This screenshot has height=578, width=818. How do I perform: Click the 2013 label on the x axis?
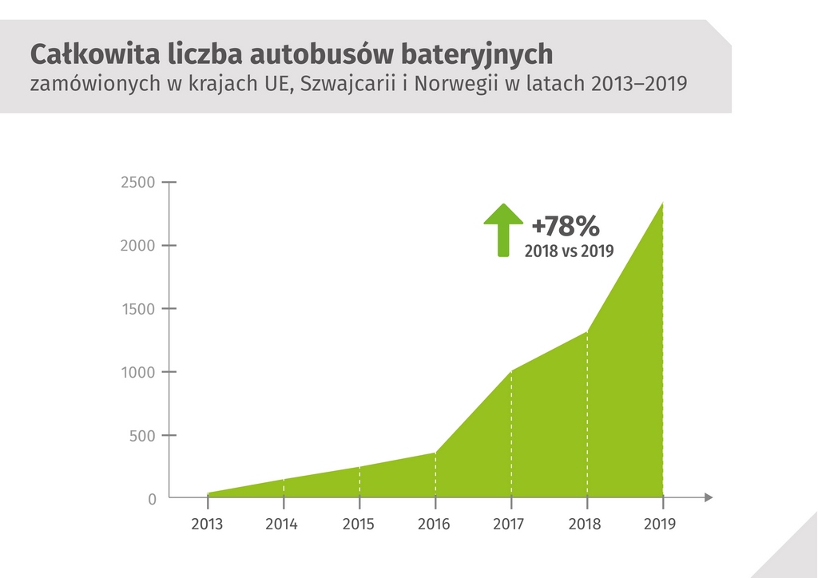tap(207, 525)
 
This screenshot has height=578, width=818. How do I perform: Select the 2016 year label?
tap(435, 525)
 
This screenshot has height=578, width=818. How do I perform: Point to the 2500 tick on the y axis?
tap(138, 182)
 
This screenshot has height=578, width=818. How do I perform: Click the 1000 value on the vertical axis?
tap(138, 372)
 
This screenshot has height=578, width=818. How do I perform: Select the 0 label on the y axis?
tap(152, 499)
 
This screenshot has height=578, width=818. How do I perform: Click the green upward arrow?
tap(502, 229)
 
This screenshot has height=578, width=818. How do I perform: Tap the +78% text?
tap(565, 226)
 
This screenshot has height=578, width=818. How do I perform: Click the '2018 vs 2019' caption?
tap(569, 251)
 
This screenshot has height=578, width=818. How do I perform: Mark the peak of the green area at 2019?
tap(662, 203)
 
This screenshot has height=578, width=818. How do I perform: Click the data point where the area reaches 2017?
tap(511, 371)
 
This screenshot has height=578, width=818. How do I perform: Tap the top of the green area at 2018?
tap(587, 331)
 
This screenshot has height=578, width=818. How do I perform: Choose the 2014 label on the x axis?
tap(282, 525)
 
